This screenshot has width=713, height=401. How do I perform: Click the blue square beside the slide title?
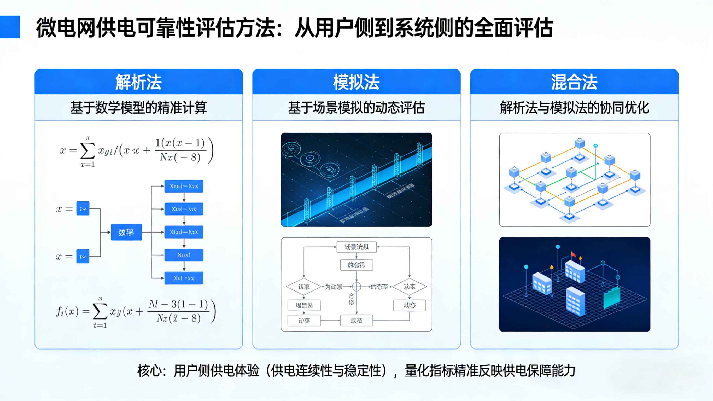pyautogui.click(x=10, y=27)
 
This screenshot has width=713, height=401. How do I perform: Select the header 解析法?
pyautogui.click(x=138, y=82)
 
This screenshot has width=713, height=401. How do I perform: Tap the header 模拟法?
pyautogui.click(x=356, y=82)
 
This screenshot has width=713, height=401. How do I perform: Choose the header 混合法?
pyautogui.click(x=574, y=82)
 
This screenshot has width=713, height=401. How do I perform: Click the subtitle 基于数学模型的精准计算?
pyautogui.click(x=138, y=107)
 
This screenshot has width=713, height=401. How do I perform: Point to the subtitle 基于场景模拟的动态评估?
pyautogui.click(x=356, y=107)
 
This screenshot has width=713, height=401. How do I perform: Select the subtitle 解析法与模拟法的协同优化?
pyautogui.click(x=574, y=107)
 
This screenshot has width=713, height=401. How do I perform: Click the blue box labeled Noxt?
pyautogui.click(x=184, y=255)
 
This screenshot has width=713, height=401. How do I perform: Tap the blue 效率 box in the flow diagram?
pyautogui.click(x=126, y=232)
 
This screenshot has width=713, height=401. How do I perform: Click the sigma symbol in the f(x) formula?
pyautogui.click(x=100, y=312)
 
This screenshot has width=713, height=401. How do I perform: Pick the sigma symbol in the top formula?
pyautogui.click(x=87, y=151)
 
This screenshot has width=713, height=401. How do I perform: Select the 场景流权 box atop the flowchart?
pyautogui.click(x=356, y=247)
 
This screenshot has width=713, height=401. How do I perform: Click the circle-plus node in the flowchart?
pyautogui.click(x=356, y=287)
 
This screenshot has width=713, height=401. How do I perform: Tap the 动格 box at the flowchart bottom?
pyautogui.click(x=356, y=321)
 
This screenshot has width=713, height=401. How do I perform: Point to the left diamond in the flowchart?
pyautogui.click(x=304, y=287)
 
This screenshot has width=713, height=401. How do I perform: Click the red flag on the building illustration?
pyautogui.click(x=573, y=254)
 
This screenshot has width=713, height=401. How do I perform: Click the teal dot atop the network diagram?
pyautogui.click(x=595, y=146)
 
